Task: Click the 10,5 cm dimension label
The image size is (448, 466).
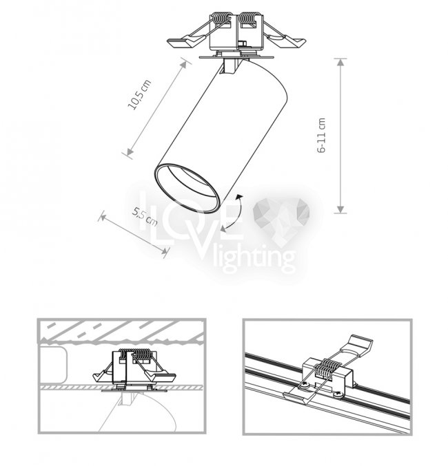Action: tap(140, 94)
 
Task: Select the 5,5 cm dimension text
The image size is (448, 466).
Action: tap(145, 217)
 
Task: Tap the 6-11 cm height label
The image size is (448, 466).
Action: tap(322, 135)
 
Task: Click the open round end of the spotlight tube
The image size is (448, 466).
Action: tap(187, 188)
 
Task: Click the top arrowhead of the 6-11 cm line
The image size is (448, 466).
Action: tap(340, 62)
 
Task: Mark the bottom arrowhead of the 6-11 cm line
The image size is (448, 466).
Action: tap(340, 209)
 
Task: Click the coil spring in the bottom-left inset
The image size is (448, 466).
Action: tap(138, 354)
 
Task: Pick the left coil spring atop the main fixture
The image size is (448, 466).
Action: tap(221, 20)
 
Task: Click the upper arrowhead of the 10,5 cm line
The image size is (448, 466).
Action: tap(185, 64)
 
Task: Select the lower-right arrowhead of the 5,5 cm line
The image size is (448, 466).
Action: tap(164, 251)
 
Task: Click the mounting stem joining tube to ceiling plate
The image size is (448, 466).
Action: tap(229, 66)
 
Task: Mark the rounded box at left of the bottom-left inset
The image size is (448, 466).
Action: tap(52, 364)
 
